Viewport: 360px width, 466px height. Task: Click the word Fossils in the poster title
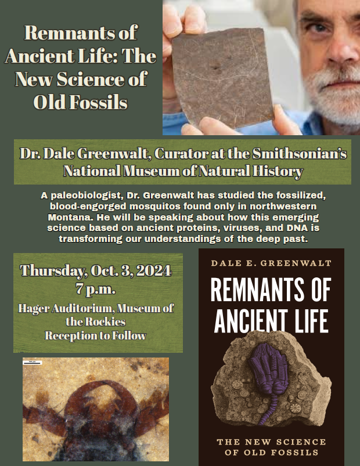click(98, 102)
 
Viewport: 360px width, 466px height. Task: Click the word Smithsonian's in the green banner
click(300, 154)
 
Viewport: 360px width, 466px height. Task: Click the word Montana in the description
click(67, 217)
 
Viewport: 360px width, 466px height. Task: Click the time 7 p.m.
click(95, 288)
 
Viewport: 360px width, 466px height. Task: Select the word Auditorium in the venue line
click(83, 308)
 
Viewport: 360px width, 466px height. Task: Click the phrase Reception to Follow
click(96, 335)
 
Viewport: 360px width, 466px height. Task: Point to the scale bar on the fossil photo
click(33, 362)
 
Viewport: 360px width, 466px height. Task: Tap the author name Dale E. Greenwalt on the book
click(271, 263)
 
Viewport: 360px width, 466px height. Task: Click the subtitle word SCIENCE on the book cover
click(301, 442)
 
